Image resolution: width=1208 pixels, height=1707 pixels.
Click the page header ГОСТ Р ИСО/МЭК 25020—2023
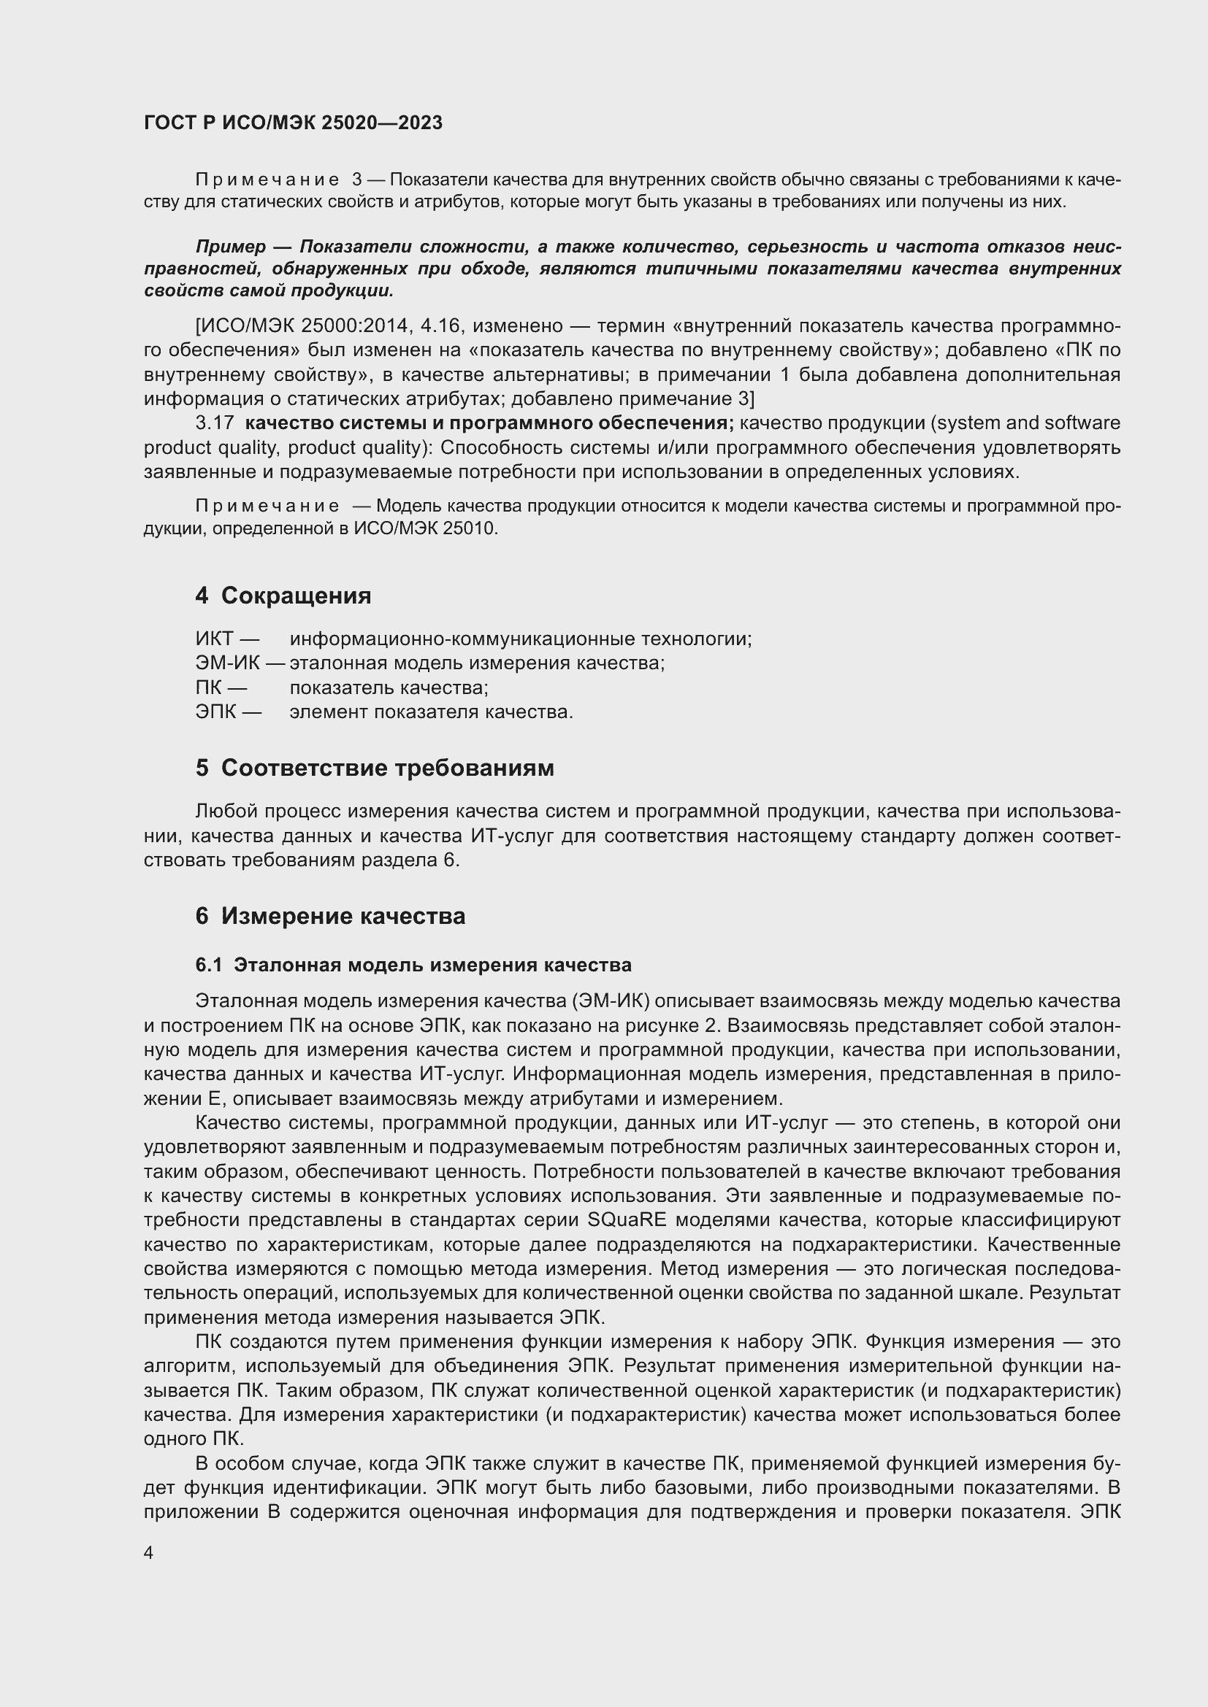coord(293,123)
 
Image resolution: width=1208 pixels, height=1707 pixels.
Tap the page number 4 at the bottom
coord(149,1552)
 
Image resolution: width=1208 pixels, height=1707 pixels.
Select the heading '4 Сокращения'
coord(283,596)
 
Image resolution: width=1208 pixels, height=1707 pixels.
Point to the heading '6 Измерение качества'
coord(330,916)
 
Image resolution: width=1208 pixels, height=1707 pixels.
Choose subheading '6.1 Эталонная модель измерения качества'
coord(413,965)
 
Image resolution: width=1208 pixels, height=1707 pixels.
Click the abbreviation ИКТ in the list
coord(215,639)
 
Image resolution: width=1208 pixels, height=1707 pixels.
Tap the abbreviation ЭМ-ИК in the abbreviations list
coord(228,663)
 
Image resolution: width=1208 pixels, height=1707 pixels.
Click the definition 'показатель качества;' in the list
coord(389,687)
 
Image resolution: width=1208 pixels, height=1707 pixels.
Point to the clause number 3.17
coord(214,423)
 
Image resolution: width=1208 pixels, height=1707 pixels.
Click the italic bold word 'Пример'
coord(231,247)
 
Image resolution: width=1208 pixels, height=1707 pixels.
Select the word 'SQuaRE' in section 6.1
coord(626,1221)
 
